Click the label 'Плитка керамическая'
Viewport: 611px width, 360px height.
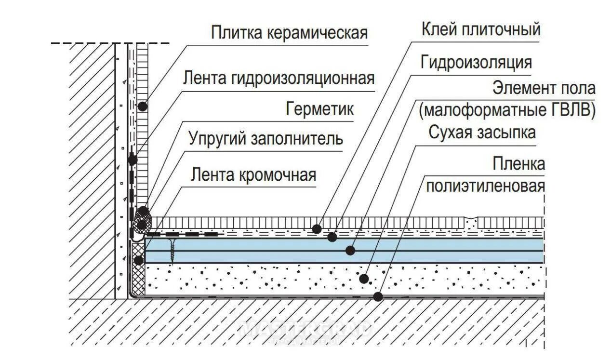click(x=289, y=33)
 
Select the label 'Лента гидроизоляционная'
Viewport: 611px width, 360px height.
click(x=279, y=78)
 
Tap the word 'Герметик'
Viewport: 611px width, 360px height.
click(x=320, y=109)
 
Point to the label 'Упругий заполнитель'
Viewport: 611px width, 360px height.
click(x=266, y=139)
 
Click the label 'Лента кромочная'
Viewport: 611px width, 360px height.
click(x=253, y=174)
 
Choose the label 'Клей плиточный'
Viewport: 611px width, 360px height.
click(x=481, y=30)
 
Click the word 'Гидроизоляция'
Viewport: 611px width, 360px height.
click(x=476, y=62)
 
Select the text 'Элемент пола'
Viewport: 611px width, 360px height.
click(x=544, y=88)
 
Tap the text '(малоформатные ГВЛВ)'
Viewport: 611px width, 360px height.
click(x=507, y=110)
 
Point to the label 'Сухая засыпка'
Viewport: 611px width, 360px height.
click(x=482, y=132)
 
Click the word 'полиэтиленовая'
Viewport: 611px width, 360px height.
click(x=485, y=186)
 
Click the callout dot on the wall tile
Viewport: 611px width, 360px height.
click(x=143, y=107)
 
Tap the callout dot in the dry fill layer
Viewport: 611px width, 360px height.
click(x=364, y=279)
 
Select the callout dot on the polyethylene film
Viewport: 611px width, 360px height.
click(x=378, y=297)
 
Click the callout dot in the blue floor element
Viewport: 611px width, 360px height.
click(x=350, y=251)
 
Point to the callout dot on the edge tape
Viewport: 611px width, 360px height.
click(x=138, y=261)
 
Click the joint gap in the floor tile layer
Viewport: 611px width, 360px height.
click(x=471, y=222)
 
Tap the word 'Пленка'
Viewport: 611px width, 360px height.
click(x=518, y=164)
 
